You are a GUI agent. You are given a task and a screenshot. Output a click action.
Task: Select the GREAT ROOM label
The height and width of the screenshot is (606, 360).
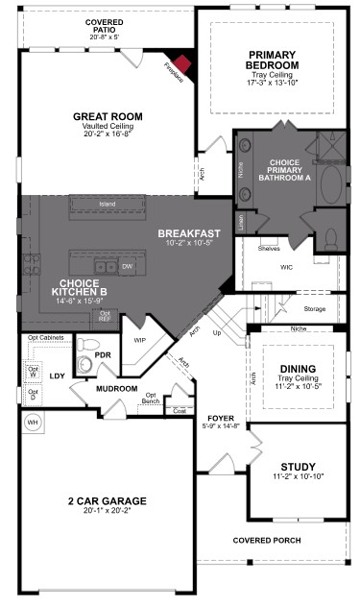click(108, 116)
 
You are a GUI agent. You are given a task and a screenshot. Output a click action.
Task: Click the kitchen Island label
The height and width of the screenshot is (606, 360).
click(108, 204)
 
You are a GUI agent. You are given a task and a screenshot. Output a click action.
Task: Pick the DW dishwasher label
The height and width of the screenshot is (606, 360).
click(127, 267)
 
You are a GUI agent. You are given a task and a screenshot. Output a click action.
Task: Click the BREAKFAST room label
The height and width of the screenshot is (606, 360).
click(190, 233)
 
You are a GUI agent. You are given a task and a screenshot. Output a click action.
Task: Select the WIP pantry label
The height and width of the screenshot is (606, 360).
click(139, 340)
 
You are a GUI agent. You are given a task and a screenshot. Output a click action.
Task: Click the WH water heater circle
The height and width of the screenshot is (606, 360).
click(32, 422)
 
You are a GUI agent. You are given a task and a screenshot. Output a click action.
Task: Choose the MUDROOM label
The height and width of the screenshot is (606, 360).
click(116, 388)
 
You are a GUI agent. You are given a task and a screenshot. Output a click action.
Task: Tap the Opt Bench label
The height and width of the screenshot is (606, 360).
click(151, 398)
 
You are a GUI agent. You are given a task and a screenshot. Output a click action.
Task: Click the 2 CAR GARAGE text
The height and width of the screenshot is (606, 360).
click(107, 500)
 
